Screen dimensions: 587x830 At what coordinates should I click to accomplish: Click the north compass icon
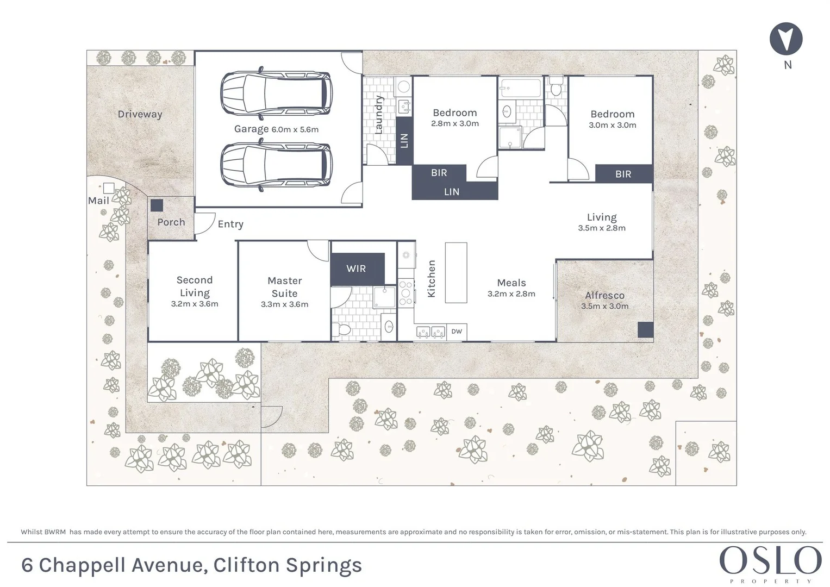click(x=786, y=39)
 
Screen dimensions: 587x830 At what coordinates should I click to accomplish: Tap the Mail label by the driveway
click(x=98, y=201)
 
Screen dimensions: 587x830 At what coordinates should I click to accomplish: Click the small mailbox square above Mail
click(x=109, y=188)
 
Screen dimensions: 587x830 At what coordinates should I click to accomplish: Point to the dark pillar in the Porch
click(x=157, y=205)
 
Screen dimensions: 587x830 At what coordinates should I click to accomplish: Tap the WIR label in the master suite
click(x=356, y=268)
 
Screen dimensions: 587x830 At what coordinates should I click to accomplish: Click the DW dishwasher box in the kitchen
click(x=457, y=332)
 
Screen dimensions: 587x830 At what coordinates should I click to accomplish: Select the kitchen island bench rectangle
click(x=456, y=272)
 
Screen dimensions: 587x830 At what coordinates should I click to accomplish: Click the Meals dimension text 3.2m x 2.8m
click(x=511, y=294)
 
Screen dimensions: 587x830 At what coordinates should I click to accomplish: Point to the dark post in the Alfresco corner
click(x=645, y=329)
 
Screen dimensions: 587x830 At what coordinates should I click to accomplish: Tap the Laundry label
click(x=379, y=115)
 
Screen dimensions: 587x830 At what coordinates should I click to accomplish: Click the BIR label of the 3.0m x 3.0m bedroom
click(x=623, y=174)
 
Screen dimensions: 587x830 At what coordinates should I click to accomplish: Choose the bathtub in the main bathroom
click(x=521, y=88)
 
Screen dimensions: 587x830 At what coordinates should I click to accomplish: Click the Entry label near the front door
click(x=230, y=224)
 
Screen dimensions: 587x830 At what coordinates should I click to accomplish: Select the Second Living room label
click(x=194, y=286)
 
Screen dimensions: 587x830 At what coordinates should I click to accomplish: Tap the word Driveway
click(x=140, y=114)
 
